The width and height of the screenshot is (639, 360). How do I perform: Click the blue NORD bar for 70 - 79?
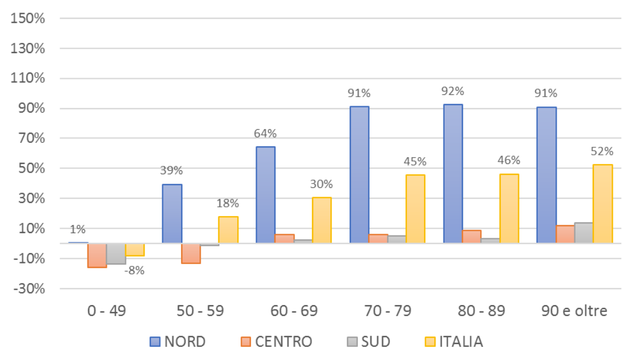click(x=359, y=174)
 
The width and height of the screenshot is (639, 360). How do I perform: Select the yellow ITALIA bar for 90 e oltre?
click(x=602, y=204)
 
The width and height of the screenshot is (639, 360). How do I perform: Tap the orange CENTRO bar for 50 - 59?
click(x=191, y=253)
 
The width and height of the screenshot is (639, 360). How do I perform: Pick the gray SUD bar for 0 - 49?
click(x=116, y=253)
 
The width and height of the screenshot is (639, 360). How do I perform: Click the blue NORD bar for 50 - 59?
click(x=172, y=214)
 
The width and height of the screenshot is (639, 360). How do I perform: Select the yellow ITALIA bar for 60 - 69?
click(x=322, y=220)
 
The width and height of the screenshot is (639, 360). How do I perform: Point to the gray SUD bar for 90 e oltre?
click(x=584, y=233)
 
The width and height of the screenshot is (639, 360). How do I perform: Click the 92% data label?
click(x=453, y=91)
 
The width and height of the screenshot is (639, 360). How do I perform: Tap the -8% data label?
click(x=135, y=270)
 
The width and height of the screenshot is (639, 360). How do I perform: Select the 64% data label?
click(x=265, y=134)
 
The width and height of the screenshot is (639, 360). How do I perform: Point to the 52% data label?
click(x=602, y=151)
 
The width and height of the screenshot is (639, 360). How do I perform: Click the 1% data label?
click(x=78, y=230)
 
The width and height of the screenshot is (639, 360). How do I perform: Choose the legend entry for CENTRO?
click(x=276, y=342)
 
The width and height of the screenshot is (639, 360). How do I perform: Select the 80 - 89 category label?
click(x=481, y=311)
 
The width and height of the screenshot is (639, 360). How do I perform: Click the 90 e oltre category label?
click(x=574, y=311)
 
